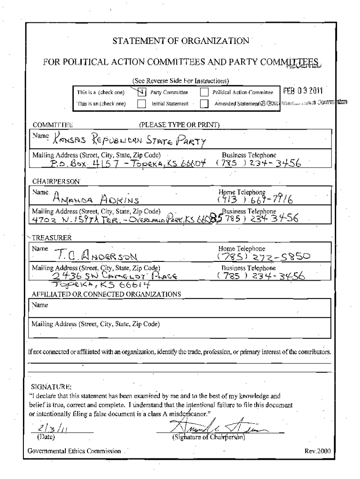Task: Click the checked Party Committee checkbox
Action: point(142,92)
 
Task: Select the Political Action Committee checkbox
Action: point(203,93)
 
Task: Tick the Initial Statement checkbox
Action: point(142,104)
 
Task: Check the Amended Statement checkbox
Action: point(203,104)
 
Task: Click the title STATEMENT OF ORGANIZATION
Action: point(181,41)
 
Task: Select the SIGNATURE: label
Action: point(51,387)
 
